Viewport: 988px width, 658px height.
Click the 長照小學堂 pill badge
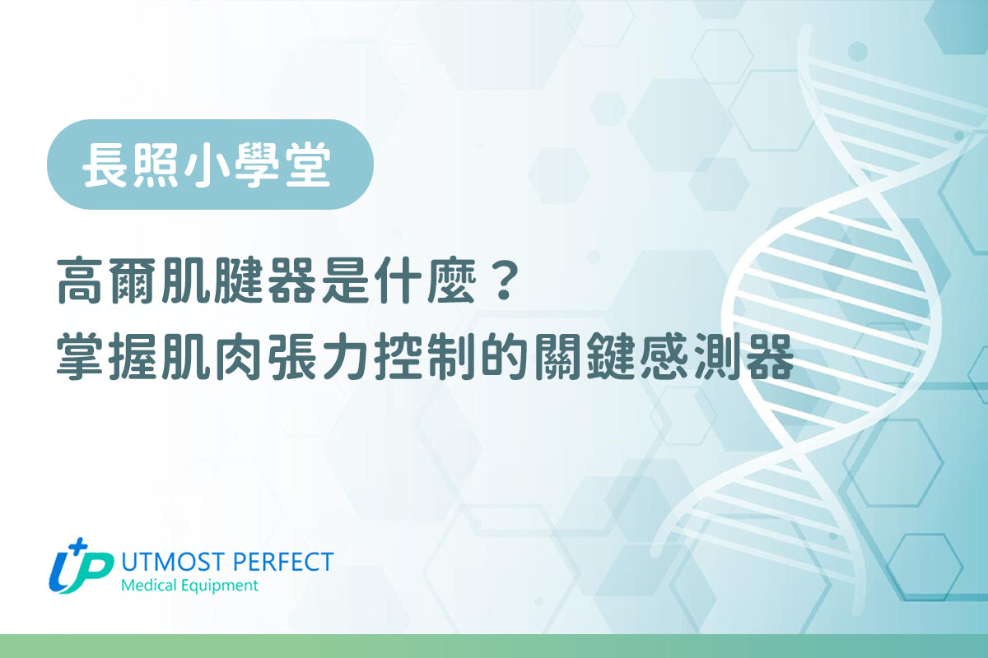210,164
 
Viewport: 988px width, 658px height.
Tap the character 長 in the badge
105,164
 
